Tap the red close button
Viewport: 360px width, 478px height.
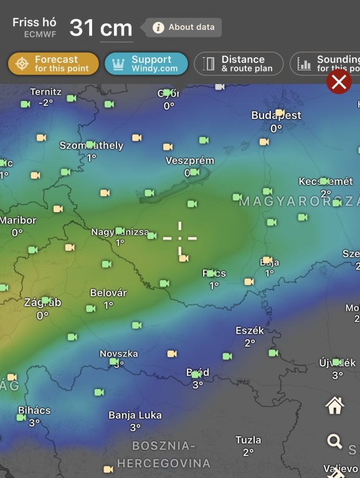tap(339, 82)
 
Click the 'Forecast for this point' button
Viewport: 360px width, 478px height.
tap(54, 63)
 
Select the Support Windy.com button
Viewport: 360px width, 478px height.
tap(146, 63)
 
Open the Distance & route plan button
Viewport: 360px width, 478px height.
tap(239, 63)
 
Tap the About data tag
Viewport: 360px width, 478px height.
tap(183, 27)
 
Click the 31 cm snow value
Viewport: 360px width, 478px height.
tap(100, 28)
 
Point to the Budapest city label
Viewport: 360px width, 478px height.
tap(276, 115)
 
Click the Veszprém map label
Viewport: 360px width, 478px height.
tap(190, 161)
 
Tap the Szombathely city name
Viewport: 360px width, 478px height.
tap(92, 146)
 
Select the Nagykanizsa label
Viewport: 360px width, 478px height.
tap(120, 232)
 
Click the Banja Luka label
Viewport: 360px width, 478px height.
tap(135, 415)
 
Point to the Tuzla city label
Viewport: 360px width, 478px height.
tap(248, 440)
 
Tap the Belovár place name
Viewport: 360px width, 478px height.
tap(108, 293)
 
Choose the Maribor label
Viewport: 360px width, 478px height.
tap(18, 220)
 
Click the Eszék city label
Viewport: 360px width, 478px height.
tap(250, 330)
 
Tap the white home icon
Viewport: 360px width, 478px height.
tap(335, 406)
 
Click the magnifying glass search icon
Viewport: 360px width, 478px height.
tap(335, 442)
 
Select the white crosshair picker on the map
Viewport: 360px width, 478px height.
tap(180, 238)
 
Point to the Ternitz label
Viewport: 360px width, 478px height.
tap(45, 91)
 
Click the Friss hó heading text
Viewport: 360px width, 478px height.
tap(34, 22)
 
